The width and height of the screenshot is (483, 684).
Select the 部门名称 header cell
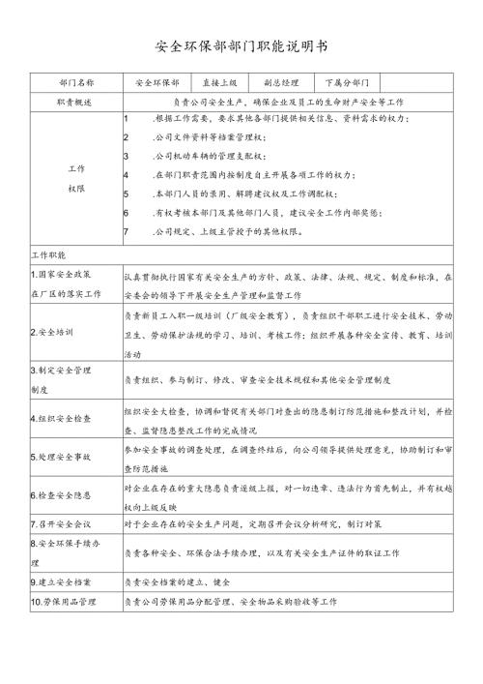(75, 83)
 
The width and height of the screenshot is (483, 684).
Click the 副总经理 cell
(281, 83)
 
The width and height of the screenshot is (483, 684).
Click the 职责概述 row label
(75, 102)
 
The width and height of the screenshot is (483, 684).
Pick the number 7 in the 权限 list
(127, 231)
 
